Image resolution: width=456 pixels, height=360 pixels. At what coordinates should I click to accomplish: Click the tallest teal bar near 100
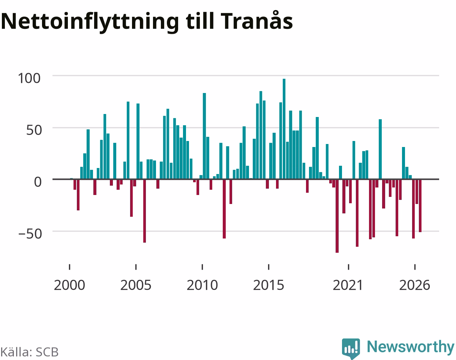click(x=284, y=129)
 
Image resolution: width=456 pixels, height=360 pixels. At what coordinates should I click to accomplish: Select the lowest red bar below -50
click(x=337, y=216)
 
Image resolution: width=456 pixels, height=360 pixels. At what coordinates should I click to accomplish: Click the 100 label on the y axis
click(x=29, y=78)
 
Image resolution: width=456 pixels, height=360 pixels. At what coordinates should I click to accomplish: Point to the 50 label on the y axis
click(x=34, y=130)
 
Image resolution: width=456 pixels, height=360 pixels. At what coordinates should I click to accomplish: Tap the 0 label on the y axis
click(x=38, y=182)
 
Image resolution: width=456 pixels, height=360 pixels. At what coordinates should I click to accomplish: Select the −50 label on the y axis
click(x=30, y=234)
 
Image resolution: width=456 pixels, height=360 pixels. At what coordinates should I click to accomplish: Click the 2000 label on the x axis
click(x=69, y=285)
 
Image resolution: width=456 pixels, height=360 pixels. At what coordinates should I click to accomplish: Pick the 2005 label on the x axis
click(x=136, y=285)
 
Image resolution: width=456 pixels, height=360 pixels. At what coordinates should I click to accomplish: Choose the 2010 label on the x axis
click(x=202, y=285)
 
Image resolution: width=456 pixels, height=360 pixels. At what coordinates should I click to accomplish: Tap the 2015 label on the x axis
click(x=268, y=285)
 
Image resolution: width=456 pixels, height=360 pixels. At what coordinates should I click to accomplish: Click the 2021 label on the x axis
click(x=348, y=285)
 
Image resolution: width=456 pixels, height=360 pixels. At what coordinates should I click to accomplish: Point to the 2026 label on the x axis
click(x=415, y=285)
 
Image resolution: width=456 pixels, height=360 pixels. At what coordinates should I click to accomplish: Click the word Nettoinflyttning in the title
click(x=90, y=22)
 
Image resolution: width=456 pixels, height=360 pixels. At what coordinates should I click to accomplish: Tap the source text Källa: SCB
click(x=30, y=352)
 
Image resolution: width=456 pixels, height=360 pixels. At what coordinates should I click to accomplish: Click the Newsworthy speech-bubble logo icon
click(x=351, y=348)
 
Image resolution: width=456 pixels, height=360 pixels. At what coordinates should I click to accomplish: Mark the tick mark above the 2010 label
click(x=202, y=267)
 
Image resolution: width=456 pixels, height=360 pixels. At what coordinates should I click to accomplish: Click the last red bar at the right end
click(x=420, y=206)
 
